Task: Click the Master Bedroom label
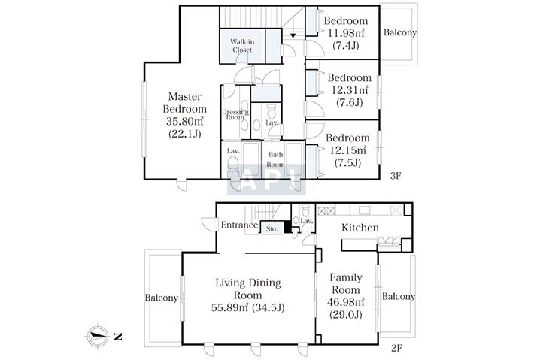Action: point(185,103)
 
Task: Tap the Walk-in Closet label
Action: point(242,46)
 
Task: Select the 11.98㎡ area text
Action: point(346,33)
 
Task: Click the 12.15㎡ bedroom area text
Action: point(347,150)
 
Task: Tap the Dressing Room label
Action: point(235,114)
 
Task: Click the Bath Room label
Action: point(275,159)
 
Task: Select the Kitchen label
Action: point(360,228)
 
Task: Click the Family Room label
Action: point(346,283)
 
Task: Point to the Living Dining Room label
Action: point(248,289)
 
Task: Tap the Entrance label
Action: point(239,225)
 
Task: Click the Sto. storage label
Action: point(272,229)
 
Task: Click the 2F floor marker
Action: point(397,348)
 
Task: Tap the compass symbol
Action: point(98,336)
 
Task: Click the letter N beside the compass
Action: point(117,337)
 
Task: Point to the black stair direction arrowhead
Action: point(293,36)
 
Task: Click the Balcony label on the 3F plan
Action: point(400,32)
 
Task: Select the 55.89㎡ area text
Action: point(229,307)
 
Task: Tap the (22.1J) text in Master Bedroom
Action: point(184,134)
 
